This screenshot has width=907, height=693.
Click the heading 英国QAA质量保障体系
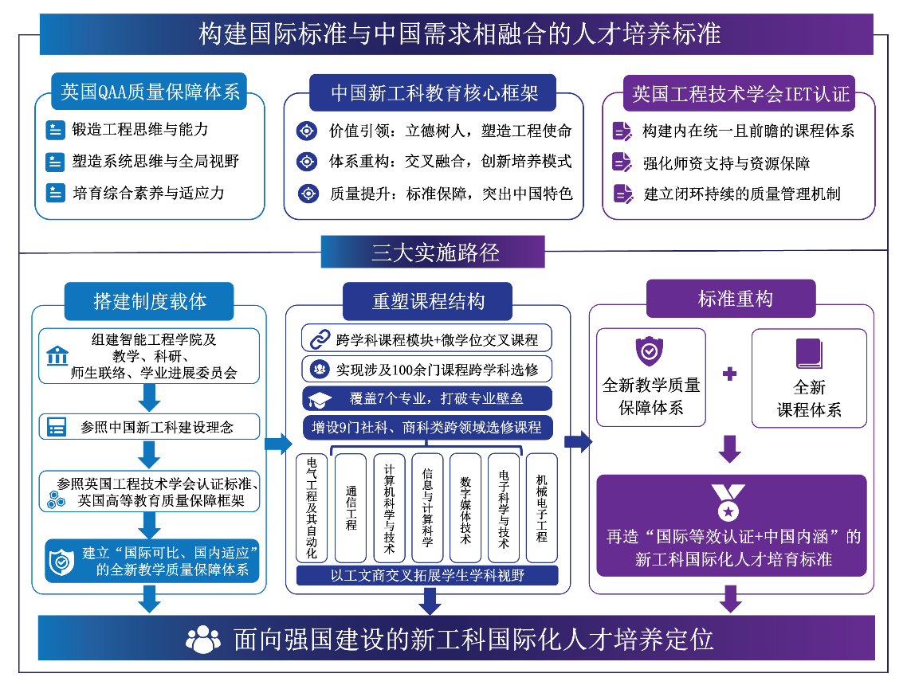point(149,92)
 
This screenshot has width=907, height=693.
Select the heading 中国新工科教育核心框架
point(433,92)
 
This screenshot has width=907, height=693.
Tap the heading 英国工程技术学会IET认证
point(740,93)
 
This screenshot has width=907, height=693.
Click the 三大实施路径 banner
point(433,252)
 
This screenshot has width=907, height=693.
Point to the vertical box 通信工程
point(351,508)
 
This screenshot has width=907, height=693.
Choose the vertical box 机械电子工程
point(541,508)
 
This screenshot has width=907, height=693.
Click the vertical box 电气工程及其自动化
point(312,508)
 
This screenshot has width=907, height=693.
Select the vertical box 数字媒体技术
point(465,508)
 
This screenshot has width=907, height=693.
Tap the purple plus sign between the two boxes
point(729,374)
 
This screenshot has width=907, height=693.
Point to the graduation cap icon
point(320,399)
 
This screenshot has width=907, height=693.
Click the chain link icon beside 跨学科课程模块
point(320,339)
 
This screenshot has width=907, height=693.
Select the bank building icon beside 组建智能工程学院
point(57,355)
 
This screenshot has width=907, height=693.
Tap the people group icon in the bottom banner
point(203,640)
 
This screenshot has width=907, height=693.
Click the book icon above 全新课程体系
point(809,353)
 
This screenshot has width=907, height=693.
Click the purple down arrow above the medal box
point(730,449)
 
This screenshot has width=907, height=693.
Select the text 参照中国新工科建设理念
point(157,427)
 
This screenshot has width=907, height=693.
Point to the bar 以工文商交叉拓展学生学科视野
point(427,576)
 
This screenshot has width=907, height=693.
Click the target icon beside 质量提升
point(308,193)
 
